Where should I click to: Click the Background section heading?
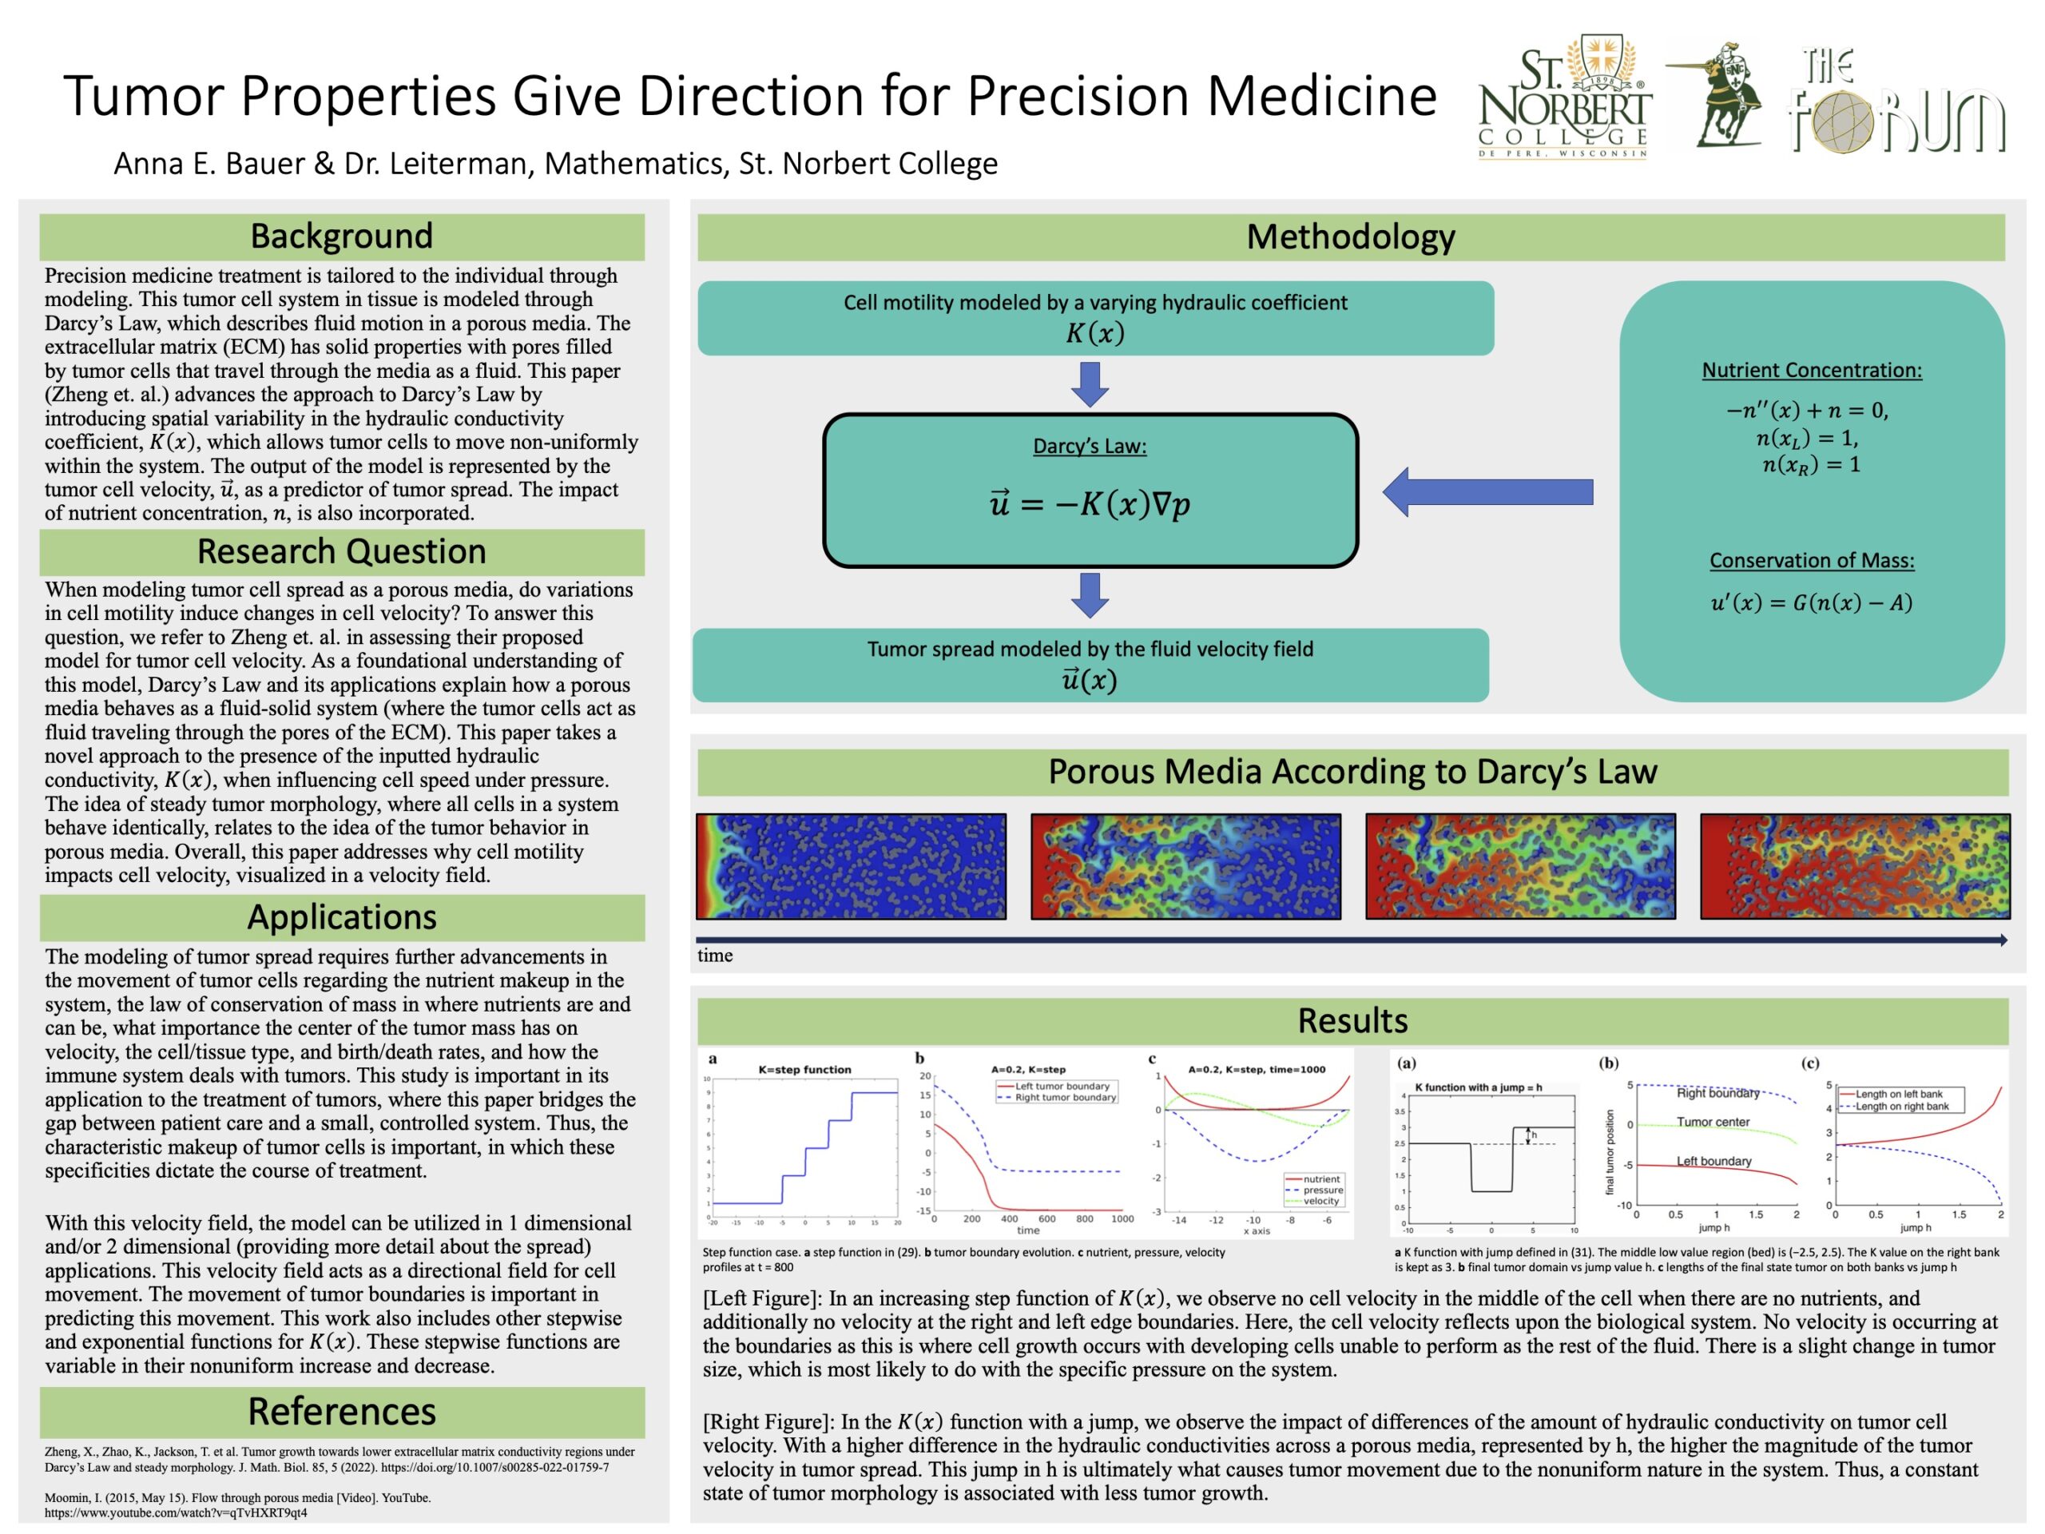[341, 236]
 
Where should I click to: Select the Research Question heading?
[341, 552]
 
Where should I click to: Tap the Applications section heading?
[341, 917]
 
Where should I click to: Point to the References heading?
[341, 1412]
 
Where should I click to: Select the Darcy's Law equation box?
[1090, 490]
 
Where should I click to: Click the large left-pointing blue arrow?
[1487, 492]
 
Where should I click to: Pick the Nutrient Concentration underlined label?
[1811, 371]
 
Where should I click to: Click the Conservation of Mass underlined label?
[1811, 560]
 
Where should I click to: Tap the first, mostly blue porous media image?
[851, 866]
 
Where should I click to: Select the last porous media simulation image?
[1855, 866]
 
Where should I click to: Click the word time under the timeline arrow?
[715, 956]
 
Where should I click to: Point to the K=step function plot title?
[804, 1070]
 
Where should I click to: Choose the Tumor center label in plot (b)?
[1713, 1123]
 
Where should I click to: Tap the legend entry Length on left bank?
[1899, 1094]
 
